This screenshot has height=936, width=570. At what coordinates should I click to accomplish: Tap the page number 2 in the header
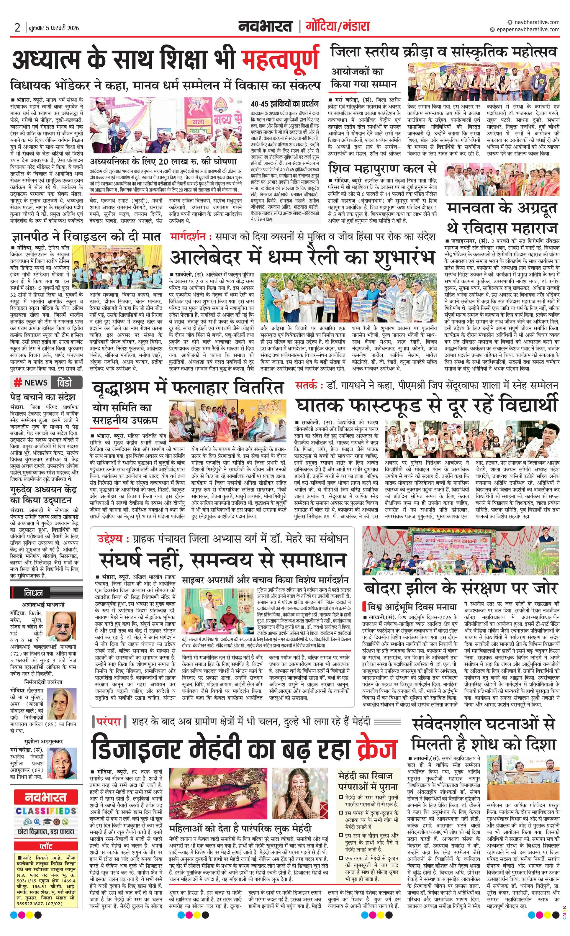pos(17,28)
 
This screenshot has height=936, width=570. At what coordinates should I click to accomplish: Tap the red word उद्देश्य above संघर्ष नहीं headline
pos(110,539)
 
